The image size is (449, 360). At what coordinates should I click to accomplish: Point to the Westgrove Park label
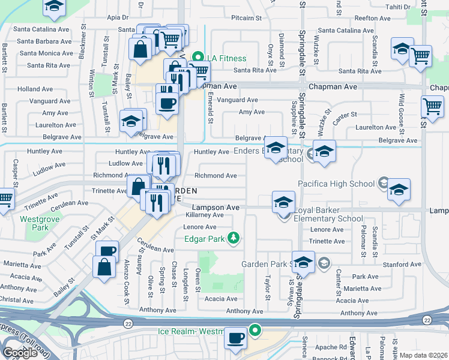tap(34, 223)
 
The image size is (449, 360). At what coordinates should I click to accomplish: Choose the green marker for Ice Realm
tap(256, 329)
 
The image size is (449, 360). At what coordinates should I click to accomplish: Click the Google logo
tap(20, 353)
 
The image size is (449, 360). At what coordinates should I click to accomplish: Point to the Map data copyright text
tap(423, 355)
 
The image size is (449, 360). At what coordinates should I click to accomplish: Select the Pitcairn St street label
tap(246, 19)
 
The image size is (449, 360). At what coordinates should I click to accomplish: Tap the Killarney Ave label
tap(204, 214)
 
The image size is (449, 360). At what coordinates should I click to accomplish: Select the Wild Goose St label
tap(400, 106)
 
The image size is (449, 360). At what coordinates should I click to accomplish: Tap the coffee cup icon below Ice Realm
tap(235, 338)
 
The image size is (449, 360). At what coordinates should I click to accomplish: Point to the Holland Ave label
tap(35, 89)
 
